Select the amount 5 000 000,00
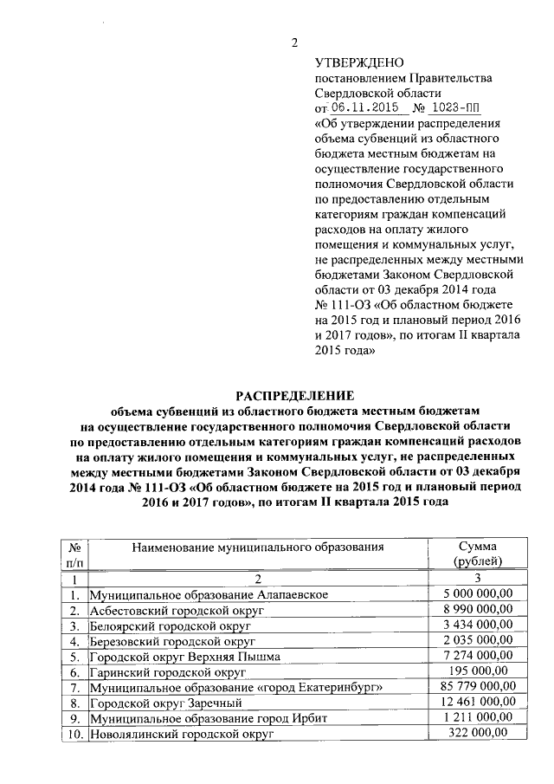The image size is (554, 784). [478, 594]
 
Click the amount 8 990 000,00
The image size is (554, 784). [478, 610]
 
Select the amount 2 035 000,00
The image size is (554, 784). [478, 640]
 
